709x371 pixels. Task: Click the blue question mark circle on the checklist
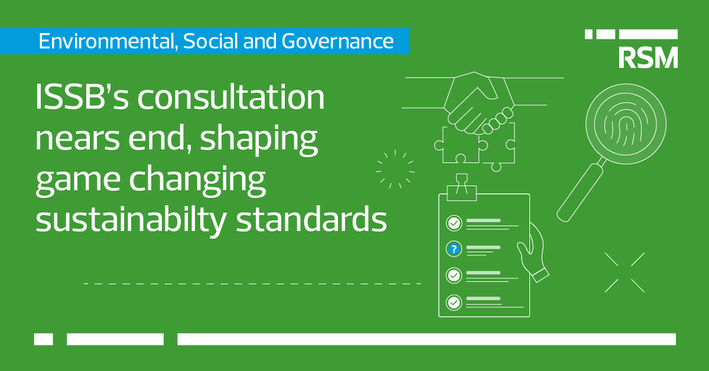[x=453, y=249]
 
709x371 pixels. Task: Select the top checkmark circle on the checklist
[x=453, y=223]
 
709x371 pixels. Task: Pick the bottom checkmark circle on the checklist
[x=453, y=302]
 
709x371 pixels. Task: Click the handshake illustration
[x=476, y=104]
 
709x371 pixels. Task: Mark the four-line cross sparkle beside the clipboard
[x=625, y=272]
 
